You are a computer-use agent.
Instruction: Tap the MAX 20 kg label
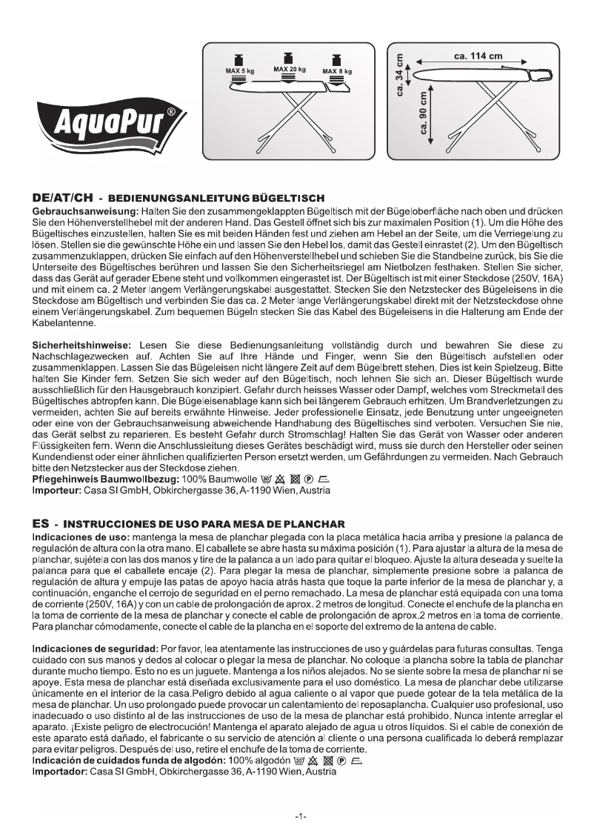(290, 69)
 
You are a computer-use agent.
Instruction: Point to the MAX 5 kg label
(239, 71)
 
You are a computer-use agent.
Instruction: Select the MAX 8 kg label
(336, 72)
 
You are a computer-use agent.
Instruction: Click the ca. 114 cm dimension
(478, 56)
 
